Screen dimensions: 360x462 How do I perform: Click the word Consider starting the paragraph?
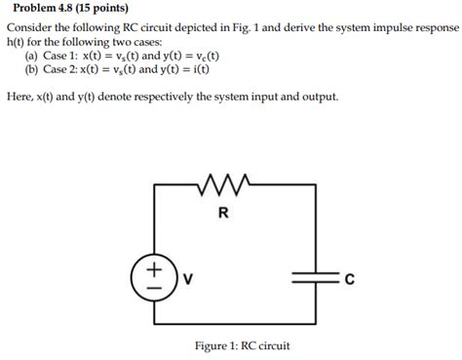tap(31, 29)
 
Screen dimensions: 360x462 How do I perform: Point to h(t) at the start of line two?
tap(18, 43)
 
